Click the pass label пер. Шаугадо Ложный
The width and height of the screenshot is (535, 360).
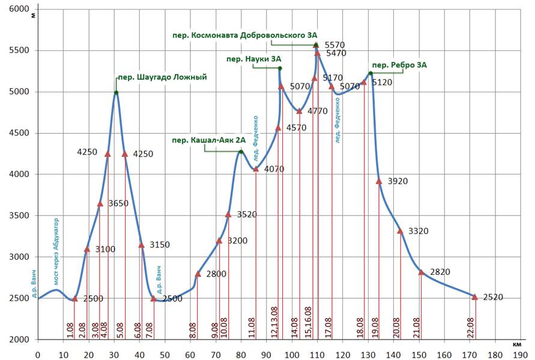[x=162, y=77]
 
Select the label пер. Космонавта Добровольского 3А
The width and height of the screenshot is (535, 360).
[x=244, y=35]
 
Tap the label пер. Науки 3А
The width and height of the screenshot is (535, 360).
[x=253, y=59]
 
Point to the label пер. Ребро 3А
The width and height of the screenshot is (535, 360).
[x=399, y=65]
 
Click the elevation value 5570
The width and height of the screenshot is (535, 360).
[x=334, y=45]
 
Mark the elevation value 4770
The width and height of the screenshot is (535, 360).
[x=318, y=111]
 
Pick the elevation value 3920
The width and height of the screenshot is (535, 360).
[x=396, y=181]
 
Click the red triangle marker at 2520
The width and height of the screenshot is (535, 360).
[x=474, y=297]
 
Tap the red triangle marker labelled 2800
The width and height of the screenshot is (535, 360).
[x=198, y=274]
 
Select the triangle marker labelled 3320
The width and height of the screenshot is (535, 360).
[x=400, y=231]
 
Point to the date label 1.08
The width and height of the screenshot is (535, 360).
[x=70, y=331]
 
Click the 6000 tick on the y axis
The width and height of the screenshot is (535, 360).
[x=20, y=9]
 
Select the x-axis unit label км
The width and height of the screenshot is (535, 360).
[x=517, y=344]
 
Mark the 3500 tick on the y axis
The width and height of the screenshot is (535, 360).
[x=20, y=215]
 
